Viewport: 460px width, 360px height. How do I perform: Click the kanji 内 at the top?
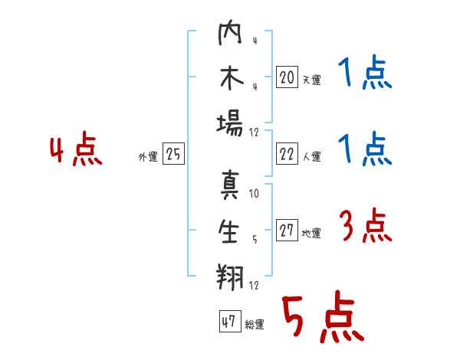[x=230, y=32]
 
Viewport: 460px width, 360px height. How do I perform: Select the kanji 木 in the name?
[x=232, y=77]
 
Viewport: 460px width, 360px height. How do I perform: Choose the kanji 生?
[x=228, y=231]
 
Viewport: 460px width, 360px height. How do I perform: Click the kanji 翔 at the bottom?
[x=230, y=277]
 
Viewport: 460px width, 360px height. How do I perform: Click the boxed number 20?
[x=287, y=77]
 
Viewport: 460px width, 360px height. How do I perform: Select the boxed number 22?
[x=287, y=154]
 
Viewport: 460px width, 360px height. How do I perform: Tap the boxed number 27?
[x=287, y=230]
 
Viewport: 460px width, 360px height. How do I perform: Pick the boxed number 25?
[x=173, y=154]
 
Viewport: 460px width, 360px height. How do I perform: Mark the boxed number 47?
[x=230, y=321]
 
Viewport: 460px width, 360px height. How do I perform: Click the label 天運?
[x=312, y=80]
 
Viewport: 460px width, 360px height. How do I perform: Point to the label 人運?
[x=312, y=156]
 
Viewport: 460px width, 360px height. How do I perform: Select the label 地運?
[x=311, y=234]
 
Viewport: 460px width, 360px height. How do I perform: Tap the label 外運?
[x=148, y=157]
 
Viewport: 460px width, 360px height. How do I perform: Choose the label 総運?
[x=255, y=325]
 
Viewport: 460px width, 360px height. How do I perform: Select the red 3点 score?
[x=366, y=225]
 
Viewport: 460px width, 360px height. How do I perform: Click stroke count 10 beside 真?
[x=254, y=194]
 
